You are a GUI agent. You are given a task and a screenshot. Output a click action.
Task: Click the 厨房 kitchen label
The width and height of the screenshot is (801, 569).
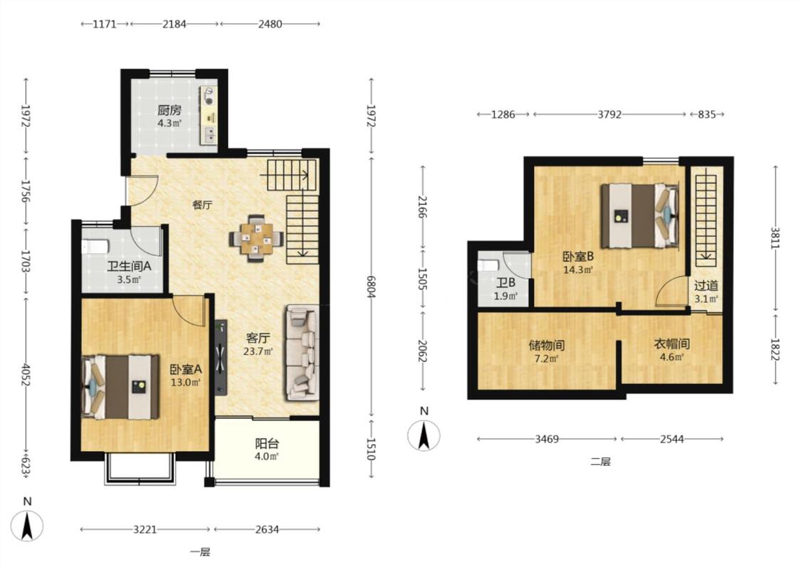[169, 110]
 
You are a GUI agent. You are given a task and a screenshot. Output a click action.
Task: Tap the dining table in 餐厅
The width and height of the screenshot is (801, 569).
[256, 238]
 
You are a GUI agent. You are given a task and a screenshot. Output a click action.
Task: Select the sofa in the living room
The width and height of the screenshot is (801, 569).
[303, 353]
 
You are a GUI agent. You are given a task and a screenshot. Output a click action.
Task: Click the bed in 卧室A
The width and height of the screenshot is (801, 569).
[120, 388]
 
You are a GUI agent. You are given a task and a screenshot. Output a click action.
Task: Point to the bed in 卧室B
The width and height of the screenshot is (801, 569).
[640, 216]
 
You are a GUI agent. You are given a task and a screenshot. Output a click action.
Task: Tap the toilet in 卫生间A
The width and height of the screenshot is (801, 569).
[95, 247]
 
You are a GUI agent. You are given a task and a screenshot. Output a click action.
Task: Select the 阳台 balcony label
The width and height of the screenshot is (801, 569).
[267, 444]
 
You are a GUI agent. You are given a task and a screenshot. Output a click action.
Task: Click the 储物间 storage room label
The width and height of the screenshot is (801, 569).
[547, 346]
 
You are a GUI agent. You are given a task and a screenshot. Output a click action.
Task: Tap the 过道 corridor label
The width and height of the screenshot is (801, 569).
[706, 286]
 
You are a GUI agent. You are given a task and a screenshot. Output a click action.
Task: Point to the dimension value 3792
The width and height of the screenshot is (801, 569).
[609, 115]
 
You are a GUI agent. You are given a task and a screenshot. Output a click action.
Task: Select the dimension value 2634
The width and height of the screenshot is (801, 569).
[267, 529]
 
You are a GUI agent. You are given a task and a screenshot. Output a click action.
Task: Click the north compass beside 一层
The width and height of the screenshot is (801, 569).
[27, 526]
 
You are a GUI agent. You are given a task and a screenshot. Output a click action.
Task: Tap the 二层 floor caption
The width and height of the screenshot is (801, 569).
[601, 462]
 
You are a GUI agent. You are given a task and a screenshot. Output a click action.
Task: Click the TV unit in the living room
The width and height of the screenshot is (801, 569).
[221, 357]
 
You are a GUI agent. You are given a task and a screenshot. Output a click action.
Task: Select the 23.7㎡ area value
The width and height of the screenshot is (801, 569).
[258, 351]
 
